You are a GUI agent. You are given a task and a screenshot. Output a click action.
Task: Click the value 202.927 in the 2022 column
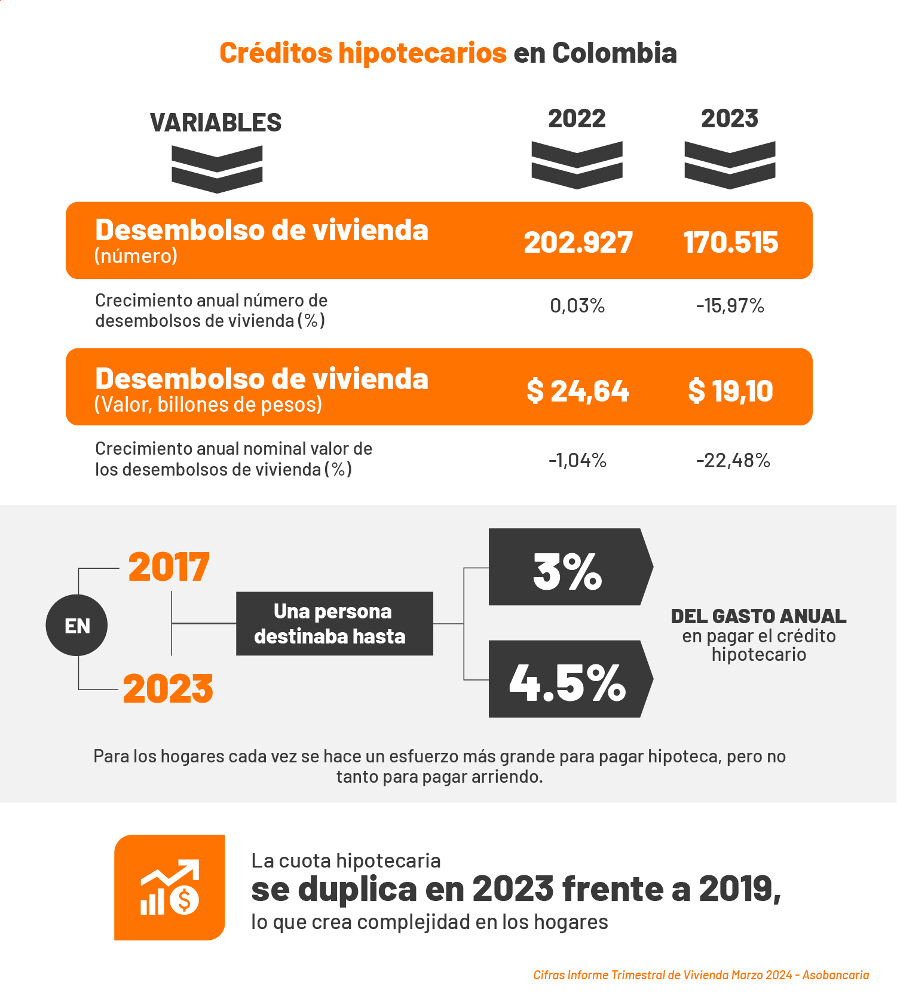(x=578, y=242)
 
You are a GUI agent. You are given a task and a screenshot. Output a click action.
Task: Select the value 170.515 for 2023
(x=730, y=242)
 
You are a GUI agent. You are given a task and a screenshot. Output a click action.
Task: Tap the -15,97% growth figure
(x=730, y=306)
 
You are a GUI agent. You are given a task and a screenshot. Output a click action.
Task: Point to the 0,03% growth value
(x=577, y=306)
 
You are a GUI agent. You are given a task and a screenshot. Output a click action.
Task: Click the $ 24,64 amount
(x=577, y=391)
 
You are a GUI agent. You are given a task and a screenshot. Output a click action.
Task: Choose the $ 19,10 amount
(x=730, y=391)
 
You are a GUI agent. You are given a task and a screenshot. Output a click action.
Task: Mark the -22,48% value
(x=733, y=461)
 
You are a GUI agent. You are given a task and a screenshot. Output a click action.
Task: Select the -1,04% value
(x=577, y=461)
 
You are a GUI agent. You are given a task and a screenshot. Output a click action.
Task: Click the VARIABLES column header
(x=216, y=122)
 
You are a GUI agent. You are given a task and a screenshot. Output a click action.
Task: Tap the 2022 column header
(x=577, y=118)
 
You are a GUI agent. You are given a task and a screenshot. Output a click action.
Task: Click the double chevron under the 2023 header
(x=730, y=165)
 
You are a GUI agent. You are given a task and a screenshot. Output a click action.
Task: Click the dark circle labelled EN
(x=76, y=626)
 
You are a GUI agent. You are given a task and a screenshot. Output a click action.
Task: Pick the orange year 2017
(x=169, y=567)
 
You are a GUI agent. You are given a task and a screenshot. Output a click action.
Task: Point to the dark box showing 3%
(x=568, y=567)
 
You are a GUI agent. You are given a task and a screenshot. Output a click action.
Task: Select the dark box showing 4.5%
(x=568, y=679)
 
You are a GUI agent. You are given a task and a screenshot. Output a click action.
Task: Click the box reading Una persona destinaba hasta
(x=334, y=624)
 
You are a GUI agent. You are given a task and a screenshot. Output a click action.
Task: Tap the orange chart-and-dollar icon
(x=170, y=887)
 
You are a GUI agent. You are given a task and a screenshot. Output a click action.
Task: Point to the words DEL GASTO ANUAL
(x=758, y=616)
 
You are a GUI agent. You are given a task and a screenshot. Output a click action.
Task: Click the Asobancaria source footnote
(x=701, y=975)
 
